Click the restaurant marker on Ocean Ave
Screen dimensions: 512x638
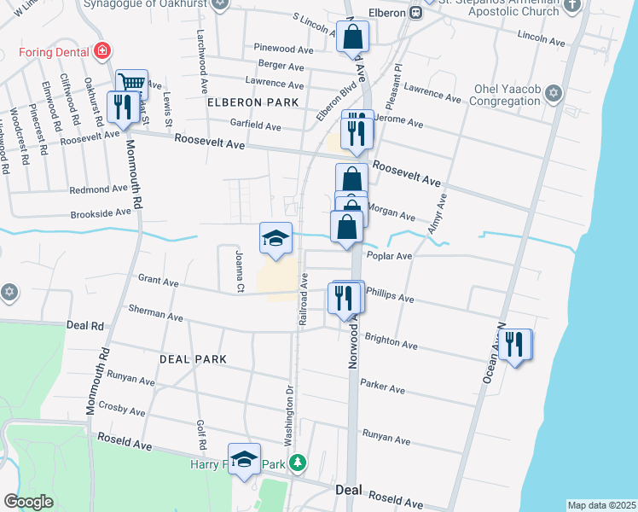(515, 345)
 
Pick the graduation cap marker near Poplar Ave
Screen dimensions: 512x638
(275, 239)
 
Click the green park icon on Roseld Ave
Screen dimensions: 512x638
(297, 463)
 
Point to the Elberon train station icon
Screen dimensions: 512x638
(415, 13)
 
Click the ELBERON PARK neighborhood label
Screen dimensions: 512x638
(253, 102)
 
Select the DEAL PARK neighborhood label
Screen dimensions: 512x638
(193, 359)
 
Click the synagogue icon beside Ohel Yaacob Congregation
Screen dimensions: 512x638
(553, 92)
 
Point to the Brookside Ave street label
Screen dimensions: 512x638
(101, 212)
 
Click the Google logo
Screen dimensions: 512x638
(28, 502)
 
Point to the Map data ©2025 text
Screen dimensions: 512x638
(601, 505)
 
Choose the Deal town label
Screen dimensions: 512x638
(349, 491)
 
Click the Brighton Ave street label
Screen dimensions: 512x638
(391, 341)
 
